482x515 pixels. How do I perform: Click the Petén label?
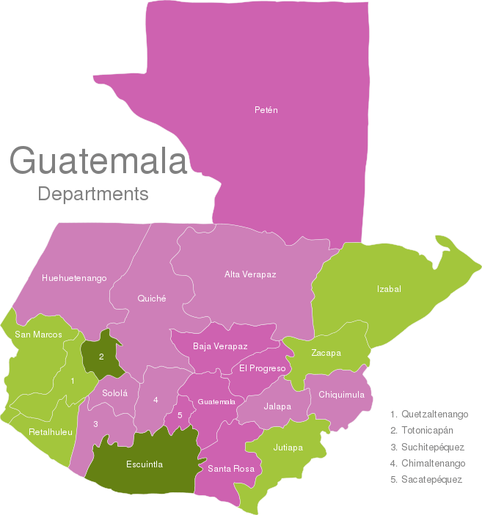(x=266, y=110)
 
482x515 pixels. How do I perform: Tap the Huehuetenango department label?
(x=74, y=278)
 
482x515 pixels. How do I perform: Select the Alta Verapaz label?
(x=250, y=274)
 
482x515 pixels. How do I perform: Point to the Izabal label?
(x=389, y=289)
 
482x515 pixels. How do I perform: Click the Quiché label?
(x=152, y=299)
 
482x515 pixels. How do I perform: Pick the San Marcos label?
(x=38, y=335)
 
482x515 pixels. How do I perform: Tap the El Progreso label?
(x=262, y=368)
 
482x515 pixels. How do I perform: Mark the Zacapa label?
(x=326, y=353)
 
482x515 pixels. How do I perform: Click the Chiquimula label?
(x=341, y=395)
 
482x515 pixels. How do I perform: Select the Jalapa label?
(x=277, y=406)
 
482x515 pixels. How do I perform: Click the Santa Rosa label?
(x=231, y=468)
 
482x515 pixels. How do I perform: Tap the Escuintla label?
(x=145, y=464)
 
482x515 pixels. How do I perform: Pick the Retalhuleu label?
(x=51, y=432)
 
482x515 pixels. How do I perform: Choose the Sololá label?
(x=115, y=393)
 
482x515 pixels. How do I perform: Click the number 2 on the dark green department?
(x=101, y=357)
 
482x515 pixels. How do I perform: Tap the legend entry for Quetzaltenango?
(x=429, y=414)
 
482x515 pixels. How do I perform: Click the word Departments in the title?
(x=93, y=194)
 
